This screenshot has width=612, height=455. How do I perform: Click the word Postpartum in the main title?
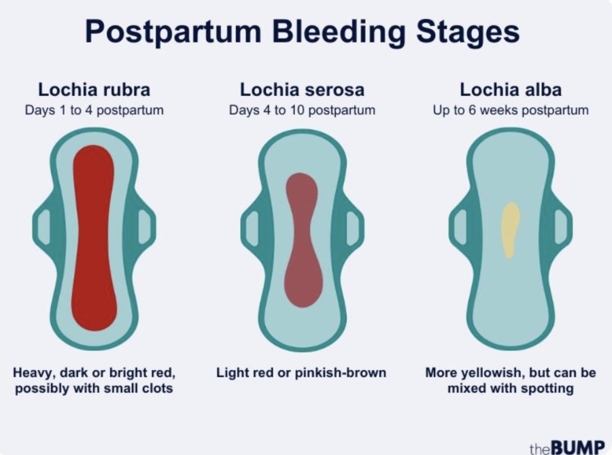click(x=164, y=32)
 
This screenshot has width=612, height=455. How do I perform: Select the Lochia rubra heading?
click(x=94, y=89)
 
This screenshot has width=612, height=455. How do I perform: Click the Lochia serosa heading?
click(x=302, y=89)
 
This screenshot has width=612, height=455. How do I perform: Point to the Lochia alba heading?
click(x=510, y=89)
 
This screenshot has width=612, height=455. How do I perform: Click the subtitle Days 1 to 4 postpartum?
click(x=94, y=110)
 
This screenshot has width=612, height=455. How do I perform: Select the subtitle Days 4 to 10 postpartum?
click(x=302, y=110)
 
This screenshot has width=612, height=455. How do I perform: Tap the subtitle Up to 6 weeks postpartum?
click(x=511, y=110)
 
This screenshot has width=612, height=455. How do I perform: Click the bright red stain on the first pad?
click(x=93, y=238)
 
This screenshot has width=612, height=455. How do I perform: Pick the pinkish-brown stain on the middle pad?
click(x=302, y=238)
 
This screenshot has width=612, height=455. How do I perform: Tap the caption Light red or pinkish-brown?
click(x=301, y=373)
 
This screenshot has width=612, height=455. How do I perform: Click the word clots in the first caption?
click(x=154, y=389)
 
